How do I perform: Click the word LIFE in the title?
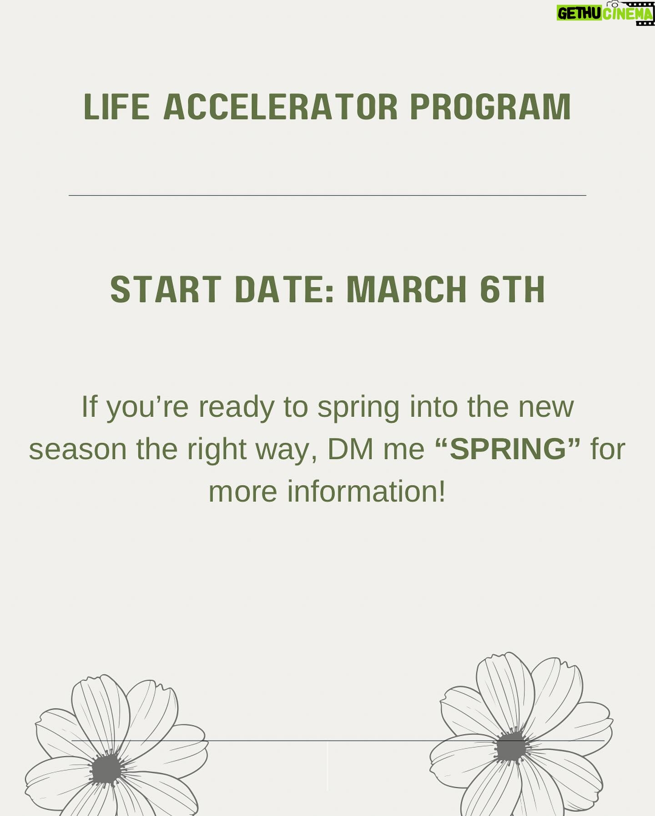point(116,107)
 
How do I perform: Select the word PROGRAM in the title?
point(490,107)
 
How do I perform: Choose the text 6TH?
point(513,290)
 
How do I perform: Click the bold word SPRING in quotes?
point(508,449)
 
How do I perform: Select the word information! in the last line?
point(366,492)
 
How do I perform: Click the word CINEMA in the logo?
point(628,14)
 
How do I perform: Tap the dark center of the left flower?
point(107,768)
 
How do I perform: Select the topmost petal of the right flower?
point(505,691)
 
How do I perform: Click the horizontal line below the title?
point(327,195)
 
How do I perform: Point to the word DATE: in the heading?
point(284,290)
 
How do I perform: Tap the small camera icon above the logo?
point(615,4)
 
